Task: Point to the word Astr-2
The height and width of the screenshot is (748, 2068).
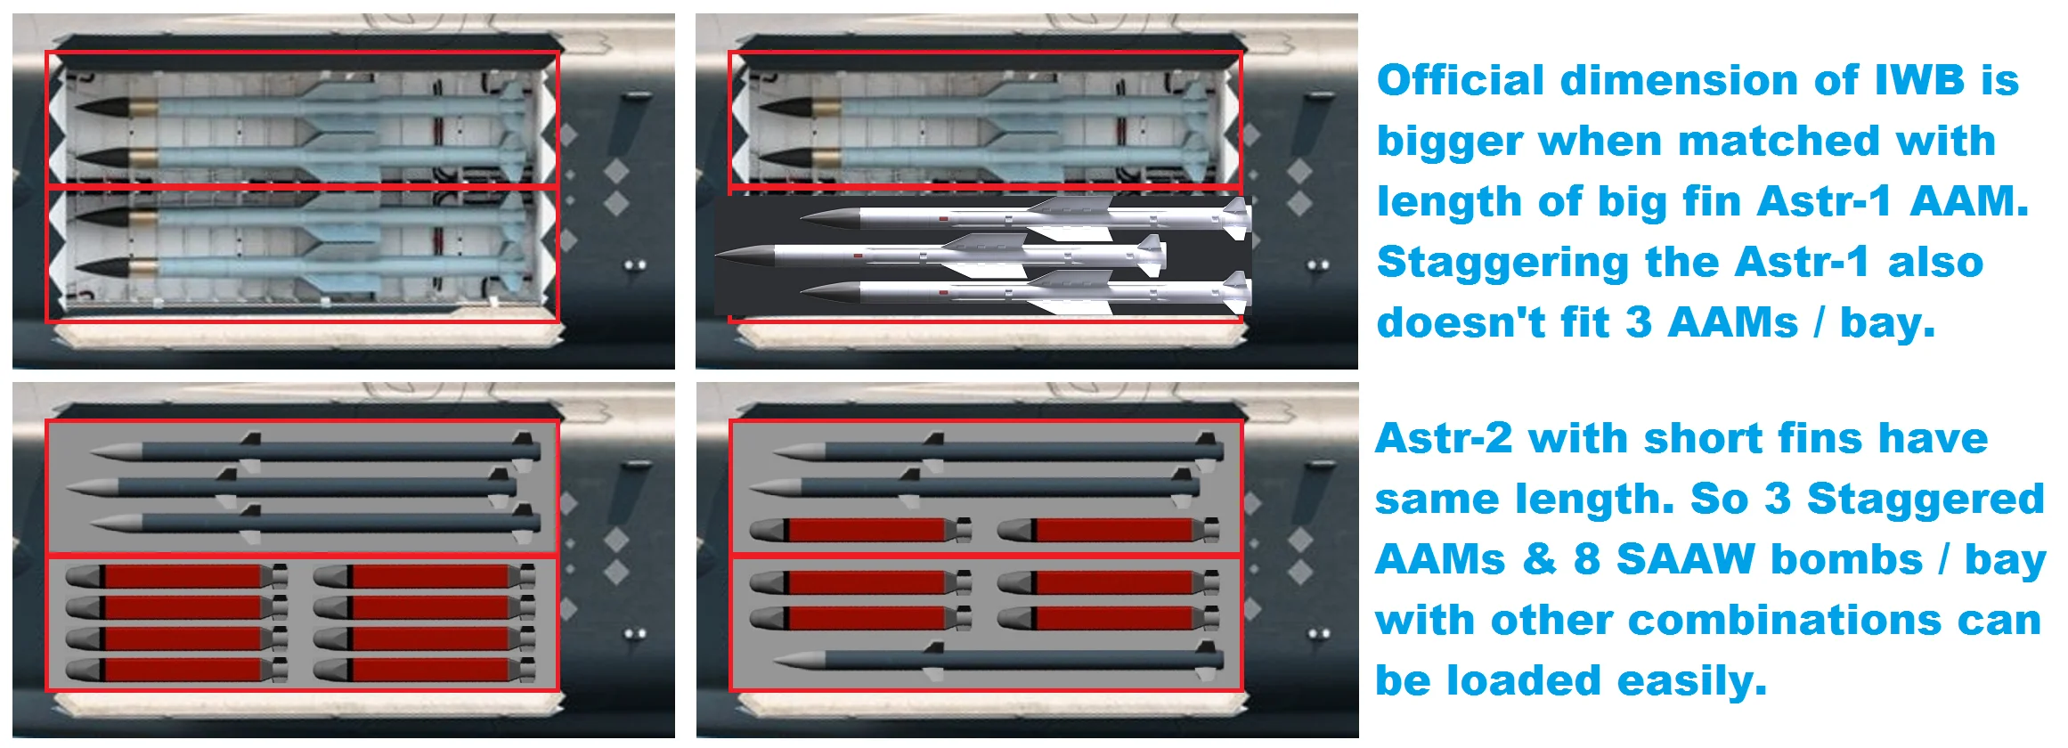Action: tap(1444, 438)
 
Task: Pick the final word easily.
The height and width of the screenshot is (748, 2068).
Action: tap(1696, 682)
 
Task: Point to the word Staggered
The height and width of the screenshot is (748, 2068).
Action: tap(1926, 500)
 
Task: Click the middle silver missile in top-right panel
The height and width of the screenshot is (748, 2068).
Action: tap(940, 255)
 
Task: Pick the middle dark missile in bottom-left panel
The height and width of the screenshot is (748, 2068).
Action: tap(290, 487)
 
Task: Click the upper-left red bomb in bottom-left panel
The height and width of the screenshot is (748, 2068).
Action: tap(176, 576)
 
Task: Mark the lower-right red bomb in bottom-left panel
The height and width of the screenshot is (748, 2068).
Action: tap(424, 670)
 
